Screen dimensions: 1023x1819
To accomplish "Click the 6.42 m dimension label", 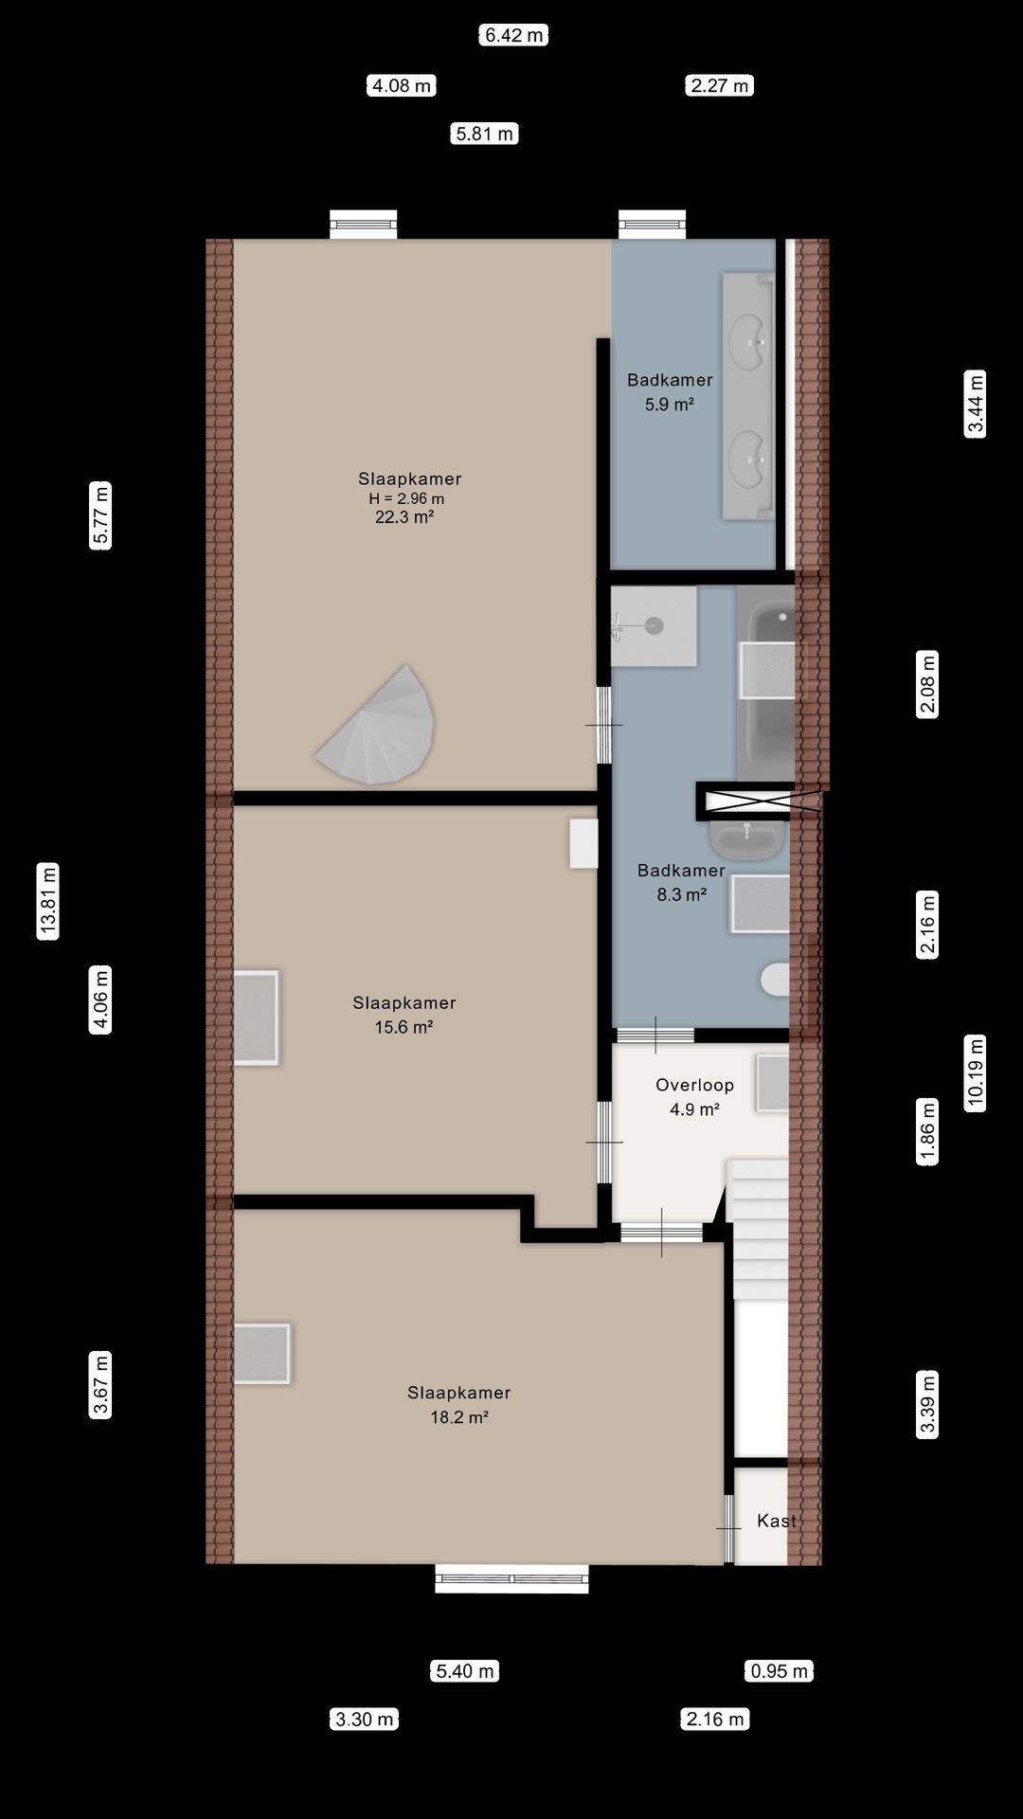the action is click(513, 35).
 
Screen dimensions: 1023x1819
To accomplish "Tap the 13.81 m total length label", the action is click(48, 900).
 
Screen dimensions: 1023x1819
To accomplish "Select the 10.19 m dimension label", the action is click(976, 1072).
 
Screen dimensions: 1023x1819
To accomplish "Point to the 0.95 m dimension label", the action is click(779, 1670).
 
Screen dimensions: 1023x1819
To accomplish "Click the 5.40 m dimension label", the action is click(464, 1670).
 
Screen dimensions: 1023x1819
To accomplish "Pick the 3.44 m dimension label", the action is click(976, 404).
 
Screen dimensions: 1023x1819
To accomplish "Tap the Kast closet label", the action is click(776, 1521).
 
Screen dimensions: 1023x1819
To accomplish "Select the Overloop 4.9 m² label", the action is click(694, 1097).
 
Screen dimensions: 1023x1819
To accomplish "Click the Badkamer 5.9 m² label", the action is click(670, 391).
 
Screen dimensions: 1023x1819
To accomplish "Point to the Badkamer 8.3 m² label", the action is click(681, 882).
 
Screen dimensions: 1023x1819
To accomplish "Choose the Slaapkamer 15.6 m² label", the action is click(404, 1015).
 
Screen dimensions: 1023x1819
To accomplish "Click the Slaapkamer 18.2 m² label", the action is click(459, 1404).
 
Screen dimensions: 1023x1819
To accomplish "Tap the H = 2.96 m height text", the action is click(406, 498).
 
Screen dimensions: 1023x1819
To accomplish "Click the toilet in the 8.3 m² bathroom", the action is click(775, 980).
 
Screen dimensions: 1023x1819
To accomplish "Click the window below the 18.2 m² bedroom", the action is click(511, 1578).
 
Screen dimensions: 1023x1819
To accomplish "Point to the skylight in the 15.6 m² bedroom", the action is click(256, 1018).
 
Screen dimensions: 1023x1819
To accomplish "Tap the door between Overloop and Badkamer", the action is click(655, 1035).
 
